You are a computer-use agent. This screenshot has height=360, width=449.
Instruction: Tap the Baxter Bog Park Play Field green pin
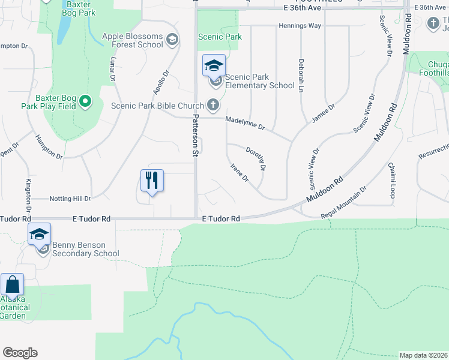pos(85,101)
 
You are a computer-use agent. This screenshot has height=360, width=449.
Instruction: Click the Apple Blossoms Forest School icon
pos(172,40)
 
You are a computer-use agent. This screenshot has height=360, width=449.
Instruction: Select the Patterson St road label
pos(195,136)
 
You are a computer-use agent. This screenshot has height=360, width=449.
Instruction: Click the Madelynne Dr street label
pos(245,123)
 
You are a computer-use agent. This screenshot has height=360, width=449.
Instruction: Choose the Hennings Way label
pos(300,26)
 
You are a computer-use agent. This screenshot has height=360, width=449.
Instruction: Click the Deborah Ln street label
pos(301,75)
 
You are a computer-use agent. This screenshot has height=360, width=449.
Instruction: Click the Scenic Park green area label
pos(220,37)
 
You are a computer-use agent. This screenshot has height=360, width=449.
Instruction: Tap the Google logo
pos(20,353)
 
